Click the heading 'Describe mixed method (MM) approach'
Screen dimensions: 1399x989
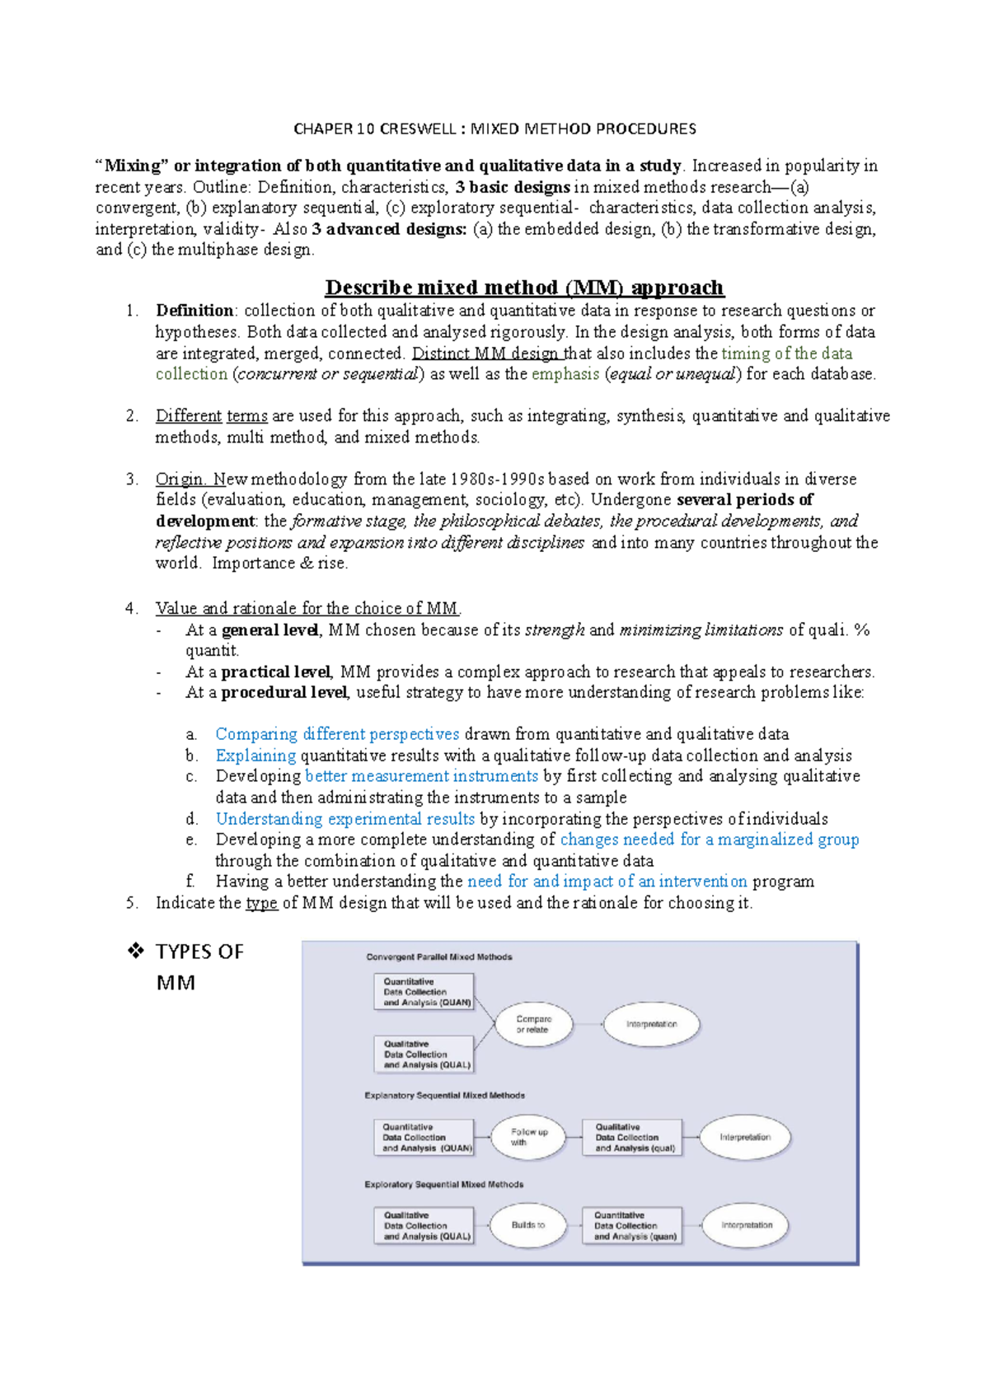[x=524, y=288]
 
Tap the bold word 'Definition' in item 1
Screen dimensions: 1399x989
[x=195, y=311]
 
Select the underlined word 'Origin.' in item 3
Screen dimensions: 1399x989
[x=180, y=479]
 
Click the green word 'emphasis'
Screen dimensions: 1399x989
[x=565, y=374]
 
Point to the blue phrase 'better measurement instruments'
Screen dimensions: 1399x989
[x=421, y=776]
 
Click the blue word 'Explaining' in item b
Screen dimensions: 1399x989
[x=255, y=756]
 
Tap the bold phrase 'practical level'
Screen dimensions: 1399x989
[x=275, y=671]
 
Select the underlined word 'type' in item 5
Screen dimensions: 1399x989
[x=261, y=903]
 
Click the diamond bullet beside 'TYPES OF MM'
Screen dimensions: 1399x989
[x=136, y=952]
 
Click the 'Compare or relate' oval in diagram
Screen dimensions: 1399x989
[x=533, y=1025]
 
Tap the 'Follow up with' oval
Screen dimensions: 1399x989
[x=528, y=1137]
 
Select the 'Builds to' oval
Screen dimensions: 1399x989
[x=527, y=1225]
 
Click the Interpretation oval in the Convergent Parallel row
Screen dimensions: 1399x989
[x=651, y=1025]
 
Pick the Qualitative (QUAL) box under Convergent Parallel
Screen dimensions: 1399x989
[x=425, y=1055]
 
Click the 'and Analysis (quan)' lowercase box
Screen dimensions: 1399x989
[x=633, y=1226]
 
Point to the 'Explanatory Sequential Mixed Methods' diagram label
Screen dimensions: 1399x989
[x=444, y=1096]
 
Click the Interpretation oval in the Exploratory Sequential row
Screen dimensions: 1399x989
[x=746, y=1225]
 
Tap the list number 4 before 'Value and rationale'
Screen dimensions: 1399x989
[x=131, y=609]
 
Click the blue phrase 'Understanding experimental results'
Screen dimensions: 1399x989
[x=345, y=819]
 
